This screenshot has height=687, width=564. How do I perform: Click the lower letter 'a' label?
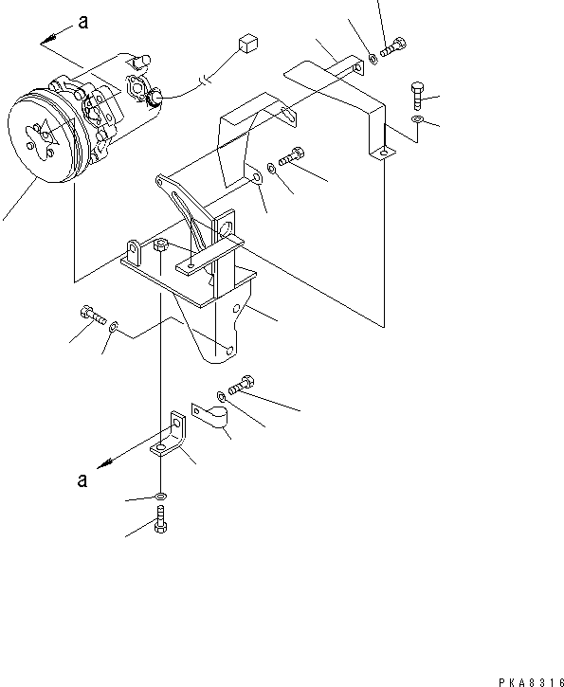click(84, 479)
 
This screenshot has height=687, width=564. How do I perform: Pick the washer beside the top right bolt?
click(373, 59)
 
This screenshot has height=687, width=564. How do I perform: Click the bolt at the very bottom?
click(160, 518)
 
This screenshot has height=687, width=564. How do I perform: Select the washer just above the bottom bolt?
click(161, 496)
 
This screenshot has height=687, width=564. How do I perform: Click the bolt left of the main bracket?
click(92, 317)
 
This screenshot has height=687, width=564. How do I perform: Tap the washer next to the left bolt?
click(115, 327)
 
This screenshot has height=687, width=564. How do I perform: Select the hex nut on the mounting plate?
click(162, 245)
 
